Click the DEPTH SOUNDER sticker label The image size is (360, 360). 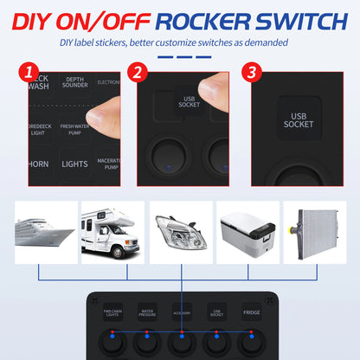coord(76,83)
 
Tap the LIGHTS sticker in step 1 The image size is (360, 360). coord(75,163)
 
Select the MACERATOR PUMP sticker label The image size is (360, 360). coord(110,163)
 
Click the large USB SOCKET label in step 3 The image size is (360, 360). coord(299,119)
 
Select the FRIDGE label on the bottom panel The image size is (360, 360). coord(251,311)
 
